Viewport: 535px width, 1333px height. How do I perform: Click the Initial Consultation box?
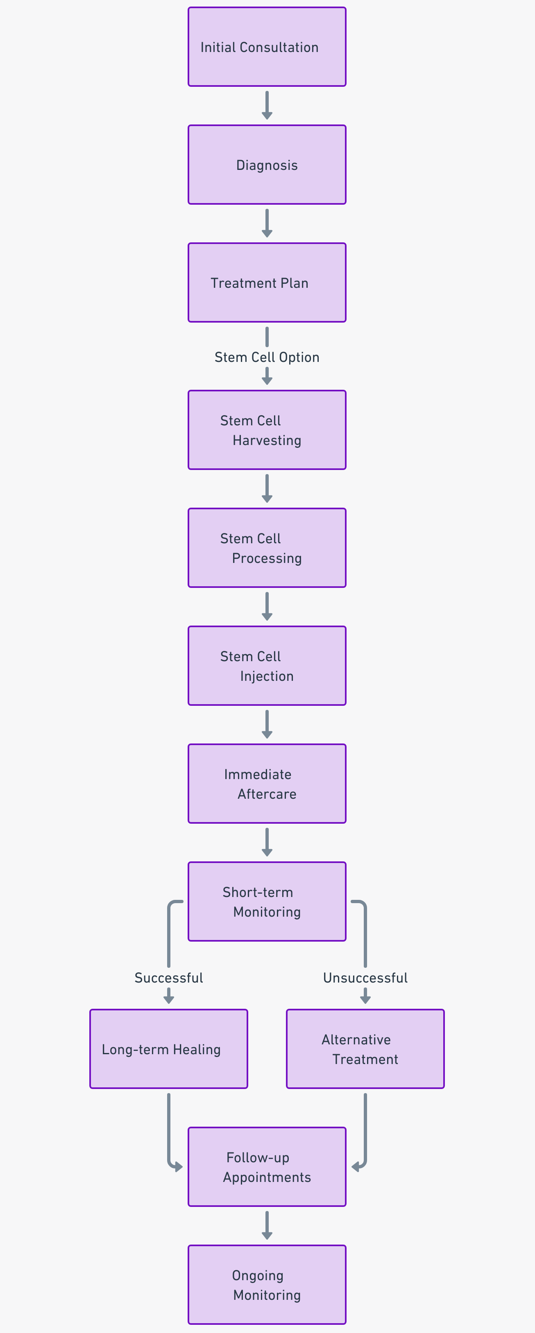coord(267,47)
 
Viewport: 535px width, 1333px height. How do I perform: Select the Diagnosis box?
coord(267,165)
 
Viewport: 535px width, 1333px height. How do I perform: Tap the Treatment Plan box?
coord(267,282)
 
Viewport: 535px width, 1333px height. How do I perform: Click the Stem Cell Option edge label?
coord(267,357)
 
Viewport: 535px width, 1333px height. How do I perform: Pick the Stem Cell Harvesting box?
coord(267,430)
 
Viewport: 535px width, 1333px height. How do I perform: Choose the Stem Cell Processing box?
coord(267,548)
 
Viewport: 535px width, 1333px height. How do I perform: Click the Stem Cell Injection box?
coord(267,666)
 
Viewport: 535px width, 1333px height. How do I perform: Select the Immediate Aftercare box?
coord(267,784)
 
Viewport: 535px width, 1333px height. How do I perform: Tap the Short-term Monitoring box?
coord(267,902)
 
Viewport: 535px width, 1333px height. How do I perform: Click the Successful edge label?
coord(168,978)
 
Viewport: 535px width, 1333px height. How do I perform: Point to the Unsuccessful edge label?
coord(365,978)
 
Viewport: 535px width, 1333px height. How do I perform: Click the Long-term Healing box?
coord(168,1049)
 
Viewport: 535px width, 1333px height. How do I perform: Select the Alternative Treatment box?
coord(365,1049)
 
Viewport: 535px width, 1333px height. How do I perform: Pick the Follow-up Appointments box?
coord(267,1167)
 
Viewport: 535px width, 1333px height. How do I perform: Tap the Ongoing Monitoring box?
coord(267,1285)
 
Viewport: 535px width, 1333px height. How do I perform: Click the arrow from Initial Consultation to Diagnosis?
coord(267,105)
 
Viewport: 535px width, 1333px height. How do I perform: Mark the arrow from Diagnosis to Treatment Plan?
coord(267,223)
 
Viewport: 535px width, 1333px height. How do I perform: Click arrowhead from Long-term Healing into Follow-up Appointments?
coord(179,1167)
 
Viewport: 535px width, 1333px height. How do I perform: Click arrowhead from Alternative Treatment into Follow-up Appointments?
coord(355,1167)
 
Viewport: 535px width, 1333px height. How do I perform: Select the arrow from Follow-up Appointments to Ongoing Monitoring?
coord(267,1225)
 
